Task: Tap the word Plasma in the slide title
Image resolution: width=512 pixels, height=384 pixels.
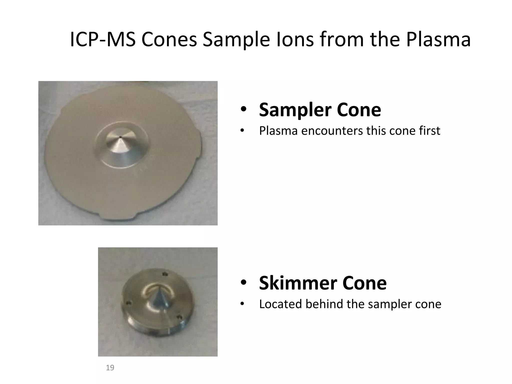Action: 438,39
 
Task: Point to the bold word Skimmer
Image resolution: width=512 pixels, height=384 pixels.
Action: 297,283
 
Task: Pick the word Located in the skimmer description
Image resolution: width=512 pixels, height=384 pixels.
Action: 280,304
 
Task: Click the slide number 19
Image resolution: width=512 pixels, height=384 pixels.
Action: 110,367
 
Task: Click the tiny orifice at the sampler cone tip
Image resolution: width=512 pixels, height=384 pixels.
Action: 120,137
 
